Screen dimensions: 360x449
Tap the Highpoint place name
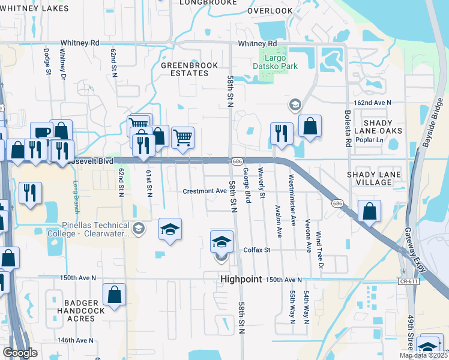click(241, 280)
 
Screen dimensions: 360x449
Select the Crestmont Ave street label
click(200, 191)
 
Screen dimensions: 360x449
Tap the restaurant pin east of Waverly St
click(281, 134)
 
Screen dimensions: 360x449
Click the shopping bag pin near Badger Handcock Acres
click(114, 295)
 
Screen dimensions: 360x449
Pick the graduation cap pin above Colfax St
click(221, 241)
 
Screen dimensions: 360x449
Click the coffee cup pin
click(42, 133)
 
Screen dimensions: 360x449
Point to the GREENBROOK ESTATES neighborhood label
click(184, 68)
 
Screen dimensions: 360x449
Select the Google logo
click(19, 353)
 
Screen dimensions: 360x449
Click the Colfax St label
click(257, 250)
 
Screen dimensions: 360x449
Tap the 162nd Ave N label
click(372, 103)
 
